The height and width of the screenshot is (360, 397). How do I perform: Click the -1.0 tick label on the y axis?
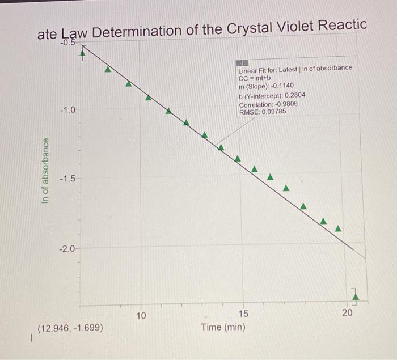point(67,109)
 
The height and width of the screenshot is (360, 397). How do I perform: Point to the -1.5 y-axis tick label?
point(67,179)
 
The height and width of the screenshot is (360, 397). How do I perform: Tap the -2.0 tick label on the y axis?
point(67,249)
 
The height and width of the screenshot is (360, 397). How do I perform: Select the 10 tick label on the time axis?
point(142,315)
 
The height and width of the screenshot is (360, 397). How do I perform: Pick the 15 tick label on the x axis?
point(243,314)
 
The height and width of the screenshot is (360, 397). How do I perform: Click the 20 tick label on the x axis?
point(348,313)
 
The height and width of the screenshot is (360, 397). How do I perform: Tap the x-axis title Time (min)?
point(223,327)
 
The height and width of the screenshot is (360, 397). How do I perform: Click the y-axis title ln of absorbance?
point(48,171)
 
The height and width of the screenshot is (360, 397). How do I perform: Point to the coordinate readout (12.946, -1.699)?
point(70,328)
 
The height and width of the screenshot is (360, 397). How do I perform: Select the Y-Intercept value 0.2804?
point(292,95)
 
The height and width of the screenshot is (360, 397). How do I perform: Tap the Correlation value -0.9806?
point(287,104)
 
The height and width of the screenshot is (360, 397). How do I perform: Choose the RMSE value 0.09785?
point(274,112)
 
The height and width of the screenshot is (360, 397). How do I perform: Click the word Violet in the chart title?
point(276,27)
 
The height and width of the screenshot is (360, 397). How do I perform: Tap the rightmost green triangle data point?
point(339,229)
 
